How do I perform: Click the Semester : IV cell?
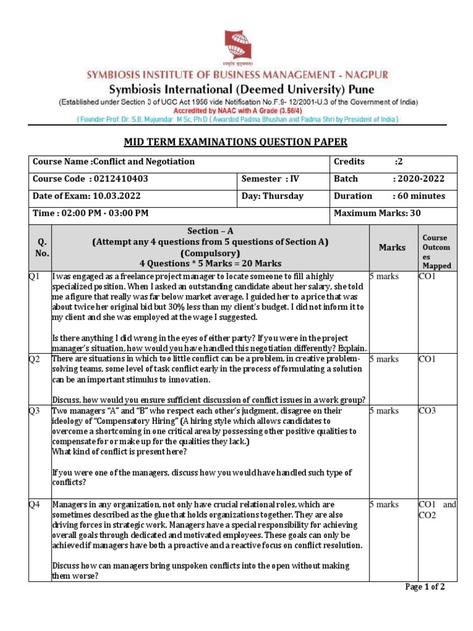point(270,179)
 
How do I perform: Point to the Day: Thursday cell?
point(272,196)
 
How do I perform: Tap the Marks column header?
point(392,247)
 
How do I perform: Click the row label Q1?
point(34,277)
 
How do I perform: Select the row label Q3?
point(34,410)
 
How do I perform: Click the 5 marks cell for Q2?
point(384,359)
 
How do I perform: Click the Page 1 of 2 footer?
point(424,587)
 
